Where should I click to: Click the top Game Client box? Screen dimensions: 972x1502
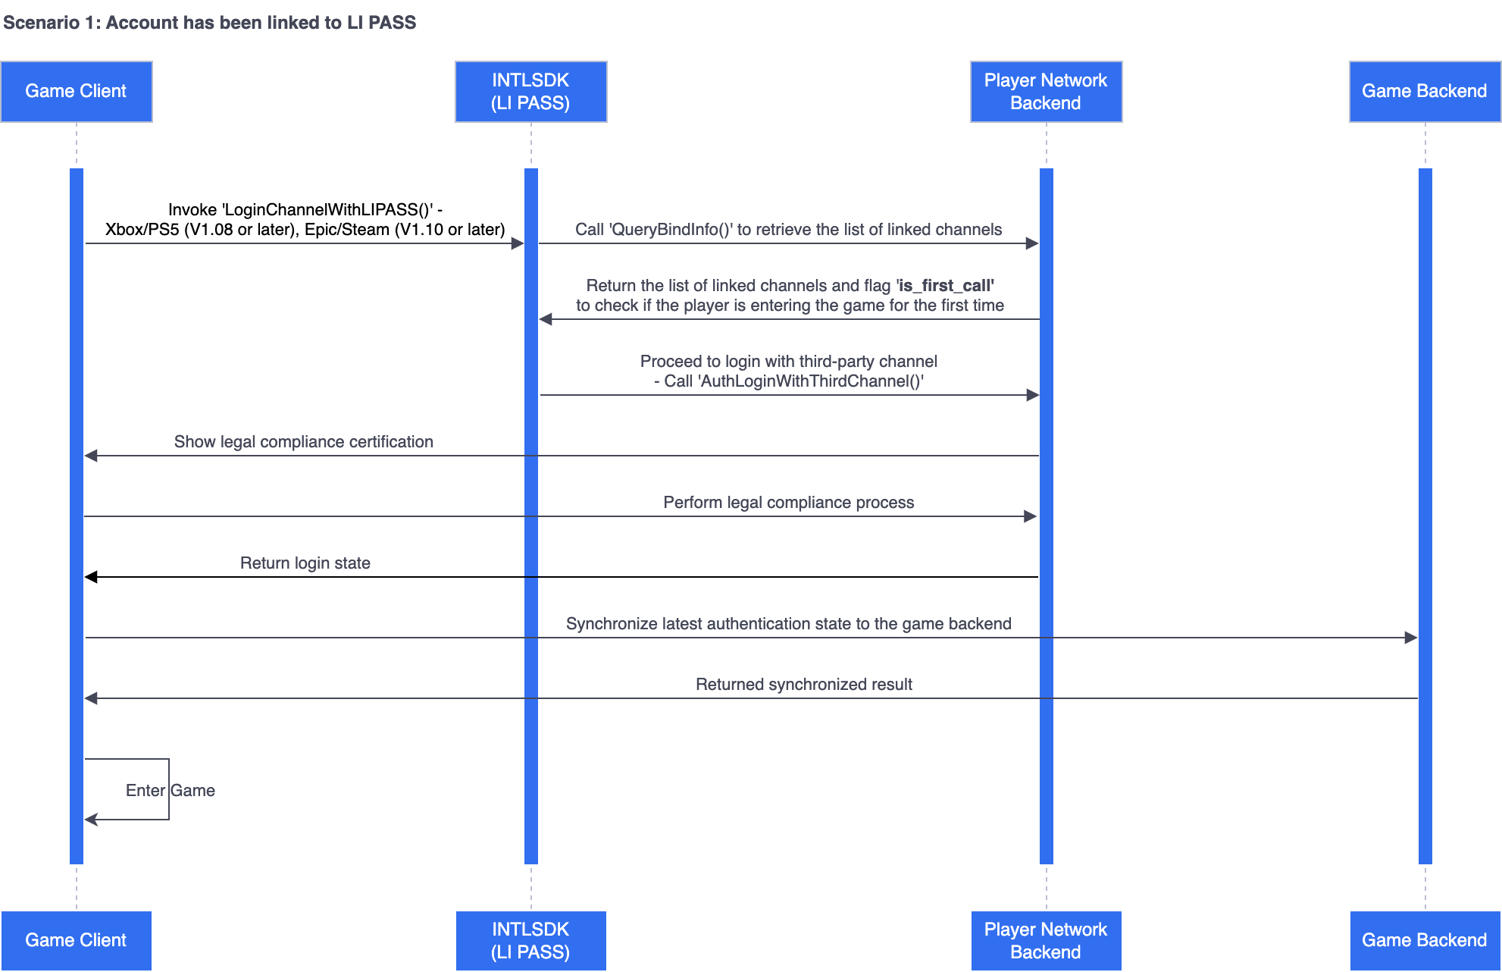(x=76, y=92)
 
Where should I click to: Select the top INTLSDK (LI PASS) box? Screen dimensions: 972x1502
(x=530, y=92)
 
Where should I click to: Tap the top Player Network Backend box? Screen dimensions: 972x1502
(x=1046, y=92)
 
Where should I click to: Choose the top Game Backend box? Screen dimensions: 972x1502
(x=1424, y=92)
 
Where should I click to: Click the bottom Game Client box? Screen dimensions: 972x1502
(x=76, y=940)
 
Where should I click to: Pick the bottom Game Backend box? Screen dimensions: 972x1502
(x=1424, y=940)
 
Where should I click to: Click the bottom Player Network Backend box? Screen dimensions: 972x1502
(x=1046, y=940)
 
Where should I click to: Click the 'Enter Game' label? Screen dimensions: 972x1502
(x=171, y=791)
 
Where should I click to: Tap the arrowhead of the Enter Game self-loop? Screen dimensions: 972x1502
(x=90, y=820)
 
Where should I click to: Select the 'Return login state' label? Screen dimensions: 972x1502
(x=305, y=563)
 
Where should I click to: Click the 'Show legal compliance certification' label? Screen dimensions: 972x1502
(x=303, y=442)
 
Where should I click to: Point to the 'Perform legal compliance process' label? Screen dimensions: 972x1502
(x=788, y=503)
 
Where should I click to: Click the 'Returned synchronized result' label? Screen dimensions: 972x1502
(x=803, y=685)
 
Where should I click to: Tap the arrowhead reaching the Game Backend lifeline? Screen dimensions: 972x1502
(x=1411, y=638)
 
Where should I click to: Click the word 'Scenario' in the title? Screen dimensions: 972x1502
(x=41, y=23)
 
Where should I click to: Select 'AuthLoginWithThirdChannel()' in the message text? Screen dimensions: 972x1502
(x=810, y=381)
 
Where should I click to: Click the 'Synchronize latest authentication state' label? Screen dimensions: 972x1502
(x=788, y=624)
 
